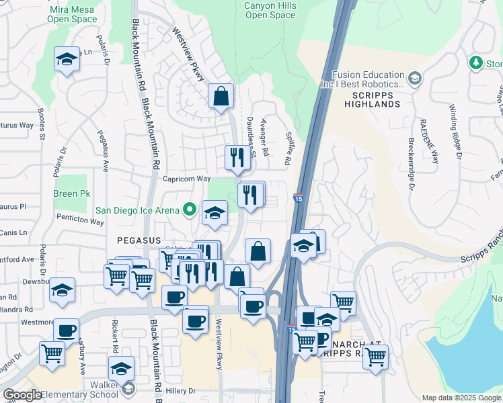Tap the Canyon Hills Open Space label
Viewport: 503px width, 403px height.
pos(269,10)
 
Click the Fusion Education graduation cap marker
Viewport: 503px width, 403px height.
pos(415,80)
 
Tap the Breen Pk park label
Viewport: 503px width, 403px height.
pos(71,194)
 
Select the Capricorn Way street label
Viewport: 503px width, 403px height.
pos(187,179)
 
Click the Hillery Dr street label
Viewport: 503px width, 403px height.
pos(178,390)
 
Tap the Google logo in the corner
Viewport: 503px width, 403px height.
pos(22,395)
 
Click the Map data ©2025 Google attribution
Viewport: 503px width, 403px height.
pos(461,398)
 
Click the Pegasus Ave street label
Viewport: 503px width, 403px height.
pos(105,150)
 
